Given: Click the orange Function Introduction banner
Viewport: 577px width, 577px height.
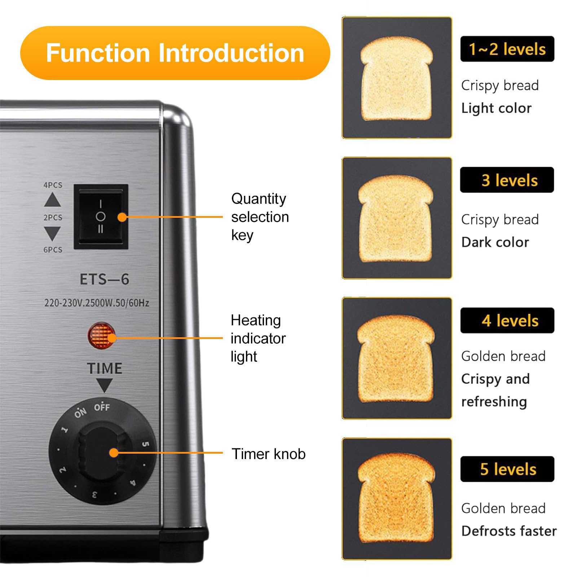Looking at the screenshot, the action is [x=175, y=53].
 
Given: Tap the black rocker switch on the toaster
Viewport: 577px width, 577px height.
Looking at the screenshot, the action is [x=101, y=216].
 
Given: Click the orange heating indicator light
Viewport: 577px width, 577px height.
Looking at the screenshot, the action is [x=102, y=336].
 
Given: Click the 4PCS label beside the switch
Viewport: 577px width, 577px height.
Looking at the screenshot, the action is [x=53, y=185].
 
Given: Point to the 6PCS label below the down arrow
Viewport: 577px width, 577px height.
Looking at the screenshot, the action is [x=53, y=250].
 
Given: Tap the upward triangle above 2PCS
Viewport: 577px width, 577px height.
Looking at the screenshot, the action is [x=53, y=199].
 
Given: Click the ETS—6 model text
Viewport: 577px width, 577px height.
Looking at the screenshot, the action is [x=104, y=279].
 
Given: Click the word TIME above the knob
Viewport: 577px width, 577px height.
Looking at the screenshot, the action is [x=105, y=368].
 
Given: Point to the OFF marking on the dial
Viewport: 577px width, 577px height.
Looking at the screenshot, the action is [x=102, y=407].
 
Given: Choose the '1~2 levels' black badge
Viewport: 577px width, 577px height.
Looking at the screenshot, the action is [x=507, y=49].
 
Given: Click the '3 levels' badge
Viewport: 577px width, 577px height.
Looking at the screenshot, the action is [x=507, y=180].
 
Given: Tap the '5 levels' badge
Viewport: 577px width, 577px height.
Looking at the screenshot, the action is [x=507, y=469].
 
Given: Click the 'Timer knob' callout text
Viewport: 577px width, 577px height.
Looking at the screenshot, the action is [x=268, y=454].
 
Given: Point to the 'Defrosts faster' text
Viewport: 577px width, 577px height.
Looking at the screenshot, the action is [x=509, y=531].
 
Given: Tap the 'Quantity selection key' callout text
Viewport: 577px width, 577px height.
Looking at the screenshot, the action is [x=260, y=217].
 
